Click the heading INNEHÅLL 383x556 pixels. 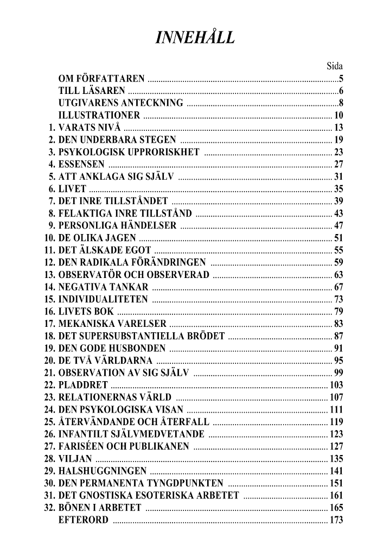195,37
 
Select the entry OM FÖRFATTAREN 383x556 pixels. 101,79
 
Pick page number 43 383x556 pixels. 339,213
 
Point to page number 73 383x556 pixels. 339,299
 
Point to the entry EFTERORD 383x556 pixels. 83,521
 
